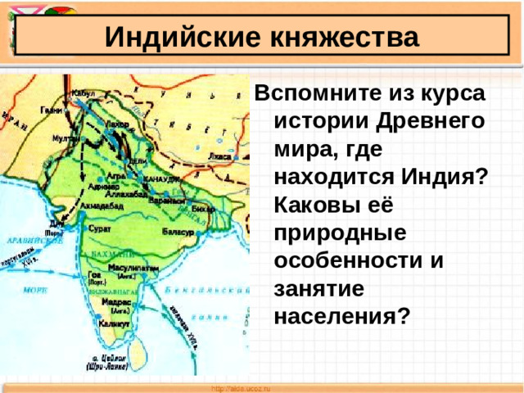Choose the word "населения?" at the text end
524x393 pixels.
point(341,315)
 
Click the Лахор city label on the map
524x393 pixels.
point(116,123)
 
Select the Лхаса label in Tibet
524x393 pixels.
point(219,155)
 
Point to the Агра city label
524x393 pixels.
point(116,175)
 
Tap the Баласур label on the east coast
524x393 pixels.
point(178,232)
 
